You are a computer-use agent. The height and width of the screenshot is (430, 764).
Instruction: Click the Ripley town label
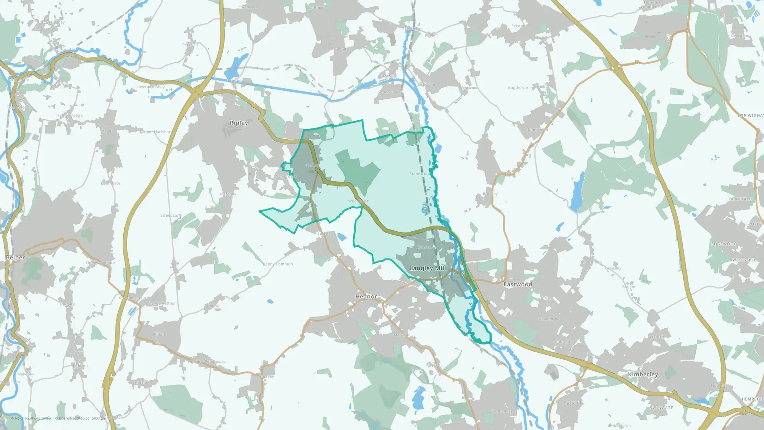click(x=239, y=123)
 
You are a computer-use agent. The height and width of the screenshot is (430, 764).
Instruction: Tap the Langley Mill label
click(x=427, y=268)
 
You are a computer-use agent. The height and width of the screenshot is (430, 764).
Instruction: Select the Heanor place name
click(x=366, y=297)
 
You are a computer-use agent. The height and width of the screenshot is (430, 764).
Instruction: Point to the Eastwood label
click(x=518, y=284)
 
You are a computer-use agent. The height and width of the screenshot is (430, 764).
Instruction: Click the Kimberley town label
click(x=643, y=375)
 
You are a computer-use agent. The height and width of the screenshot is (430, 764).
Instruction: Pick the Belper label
click(x=15, y=258)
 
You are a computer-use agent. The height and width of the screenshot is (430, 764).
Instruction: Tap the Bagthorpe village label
click(x=518, y=88)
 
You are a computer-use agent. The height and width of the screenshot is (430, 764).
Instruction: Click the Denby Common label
click(x=278, y=264)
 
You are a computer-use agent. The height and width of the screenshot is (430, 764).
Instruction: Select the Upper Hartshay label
click(x=156, y=132)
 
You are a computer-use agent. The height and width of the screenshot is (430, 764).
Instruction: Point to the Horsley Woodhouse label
click(x=207, y=362)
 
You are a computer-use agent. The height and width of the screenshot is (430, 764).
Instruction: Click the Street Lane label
click(x=171, y=216)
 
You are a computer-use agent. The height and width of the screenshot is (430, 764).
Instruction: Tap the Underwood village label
click(x=537, y=130)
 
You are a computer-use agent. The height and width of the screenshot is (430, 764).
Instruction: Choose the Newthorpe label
click(x=549, y=319)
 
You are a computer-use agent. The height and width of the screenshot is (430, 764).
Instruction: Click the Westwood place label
click(x=469, y=88)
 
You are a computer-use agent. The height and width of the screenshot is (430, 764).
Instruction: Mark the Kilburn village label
click(x=159, y=334)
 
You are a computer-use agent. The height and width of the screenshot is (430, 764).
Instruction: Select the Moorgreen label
click(x=591, y=263)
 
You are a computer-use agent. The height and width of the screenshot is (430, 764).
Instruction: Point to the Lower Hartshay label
click(x=150, y=87)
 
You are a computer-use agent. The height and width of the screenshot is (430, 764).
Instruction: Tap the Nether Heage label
click(x=69, y=115)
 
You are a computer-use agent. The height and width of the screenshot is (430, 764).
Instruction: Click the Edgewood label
click(x=724, y=244)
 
